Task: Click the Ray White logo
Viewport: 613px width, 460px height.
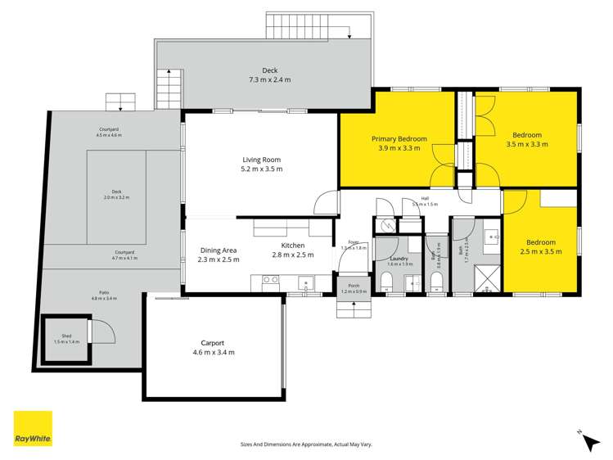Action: [32, 430]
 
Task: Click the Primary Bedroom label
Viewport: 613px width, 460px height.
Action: [399, 138]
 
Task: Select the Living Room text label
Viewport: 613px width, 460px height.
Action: [261, 160]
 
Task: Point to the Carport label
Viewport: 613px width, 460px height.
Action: [212, 343]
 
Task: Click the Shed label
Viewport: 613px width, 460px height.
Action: [66, 335]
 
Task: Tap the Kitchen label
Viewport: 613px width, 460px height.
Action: [293, 246]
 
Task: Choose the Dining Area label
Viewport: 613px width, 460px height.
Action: [219, 250]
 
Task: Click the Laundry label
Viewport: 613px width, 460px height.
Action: [399, 259]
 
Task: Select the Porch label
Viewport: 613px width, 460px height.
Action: [354, 286]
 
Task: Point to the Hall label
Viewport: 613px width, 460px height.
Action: [425, 198]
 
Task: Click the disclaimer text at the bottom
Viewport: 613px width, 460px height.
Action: [306, 444]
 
